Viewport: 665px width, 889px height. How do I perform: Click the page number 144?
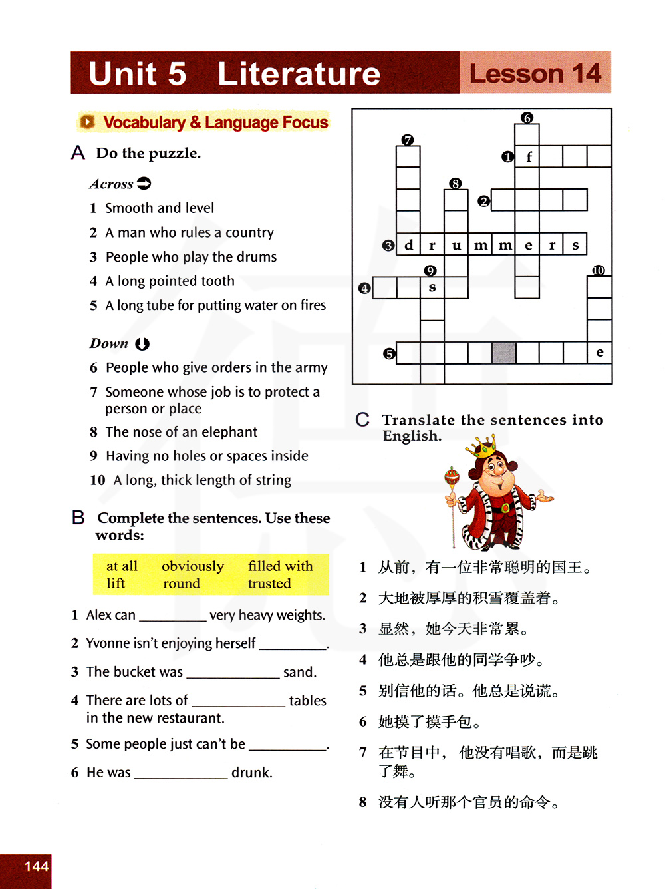click(x=37, y=866)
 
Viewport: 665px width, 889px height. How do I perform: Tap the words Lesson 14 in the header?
click(x=535, y=73)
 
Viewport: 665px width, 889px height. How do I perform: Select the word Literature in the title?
click(x=299, y=73)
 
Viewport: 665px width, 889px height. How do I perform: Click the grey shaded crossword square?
click(x=503, y=353)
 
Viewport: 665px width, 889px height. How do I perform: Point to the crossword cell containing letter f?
click(x=527, y=157)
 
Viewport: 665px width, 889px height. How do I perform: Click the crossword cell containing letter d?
click(x=408, y=245)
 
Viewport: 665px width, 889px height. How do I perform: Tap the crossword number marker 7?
click(x=408, y=140)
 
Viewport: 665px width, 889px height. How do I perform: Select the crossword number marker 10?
click(x=598, y=270)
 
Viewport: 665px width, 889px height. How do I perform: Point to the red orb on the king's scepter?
click(x=452, y=476)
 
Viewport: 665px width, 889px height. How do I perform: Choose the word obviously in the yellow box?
click(x=193, y=566)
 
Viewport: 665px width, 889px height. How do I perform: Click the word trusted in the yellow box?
click(x=269, y=584)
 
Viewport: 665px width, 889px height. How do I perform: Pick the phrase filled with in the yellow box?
click(x=280, y=566)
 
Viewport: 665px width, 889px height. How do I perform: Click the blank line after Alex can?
click(x=173, y=616)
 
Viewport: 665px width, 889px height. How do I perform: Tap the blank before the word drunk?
click(x=181, y=773)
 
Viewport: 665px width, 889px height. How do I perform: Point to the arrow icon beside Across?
click(x=144, y=183)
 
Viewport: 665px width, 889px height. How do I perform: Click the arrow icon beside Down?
click(x=142, y=344)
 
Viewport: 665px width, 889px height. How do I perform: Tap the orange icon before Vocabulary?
click(x=87, y=122)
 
